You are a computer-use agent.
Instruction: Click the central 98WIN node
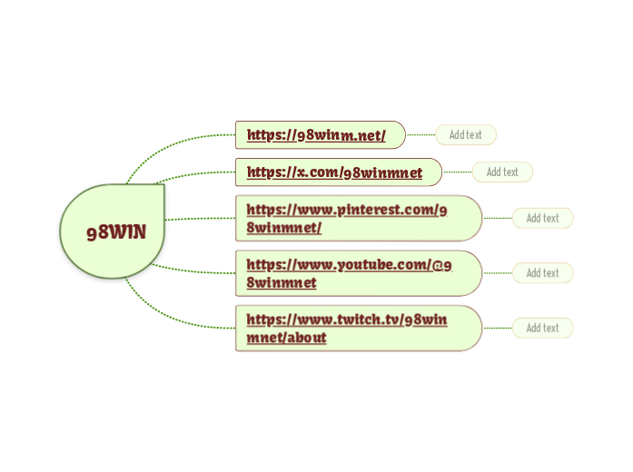click(114, 231)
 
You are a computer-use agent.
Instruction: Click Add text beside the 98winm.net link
click(466, 135)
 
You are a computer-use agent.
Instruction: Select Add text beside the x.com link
click(502, 172)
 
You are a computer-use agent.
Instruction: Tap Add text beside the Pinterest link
click(542, 218)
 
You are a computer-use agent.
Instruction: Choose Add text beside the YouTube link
click(542, 273)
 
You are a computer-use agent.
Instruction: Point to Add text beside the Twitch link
click(542, 328)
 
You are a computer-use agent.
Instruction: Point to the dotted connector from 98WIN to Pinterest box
click(200, 219)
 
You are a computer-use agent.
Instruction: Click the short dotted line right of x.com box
click(457, 172)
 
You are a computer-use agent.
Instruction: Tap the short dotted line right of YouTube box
click(497, 273)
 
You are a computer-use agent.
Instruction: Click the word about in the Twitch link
click(308, 338)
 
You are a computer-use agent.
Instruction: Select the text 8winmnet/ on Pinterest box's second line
click(283, 227)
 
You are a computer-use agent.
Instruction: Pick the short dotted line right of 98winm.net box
click(420, 135)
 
